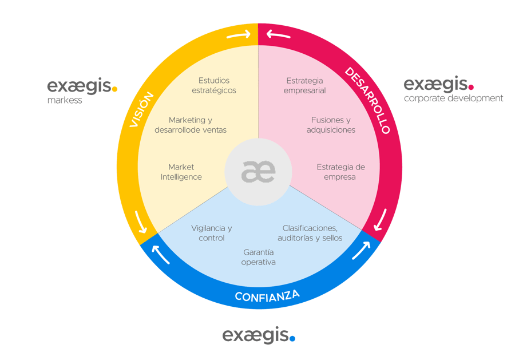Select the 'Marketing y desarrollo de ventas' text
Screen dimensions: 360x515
(x=191, y=125)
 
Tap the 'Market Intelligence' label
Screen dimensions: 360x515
(x=181, y=172)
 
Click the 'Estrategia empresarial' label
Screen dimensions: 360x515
(x=304, y=85)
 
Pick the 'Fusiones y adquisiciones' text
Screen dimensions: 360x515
(x=331, y=125)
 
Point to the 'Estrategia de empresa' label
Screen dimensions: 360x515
(x=340, y=172)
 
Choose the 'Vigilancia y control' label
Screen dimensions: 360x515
(x=211, y=233)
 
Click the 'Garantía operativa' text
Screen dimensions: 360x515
(x=258, y=257)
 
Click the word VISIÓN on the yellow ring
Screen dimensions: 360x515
(x=142, y=110)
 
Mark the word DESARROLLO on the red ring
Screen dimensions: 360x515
(x=367, y=101)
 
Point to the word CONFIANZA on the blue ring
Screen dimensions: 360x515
(x=267, y=296)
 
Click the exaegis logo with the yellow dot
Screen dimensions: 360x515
(x=82, y=87)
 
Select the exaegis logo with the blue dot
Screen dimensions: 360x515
(x=258, y=335)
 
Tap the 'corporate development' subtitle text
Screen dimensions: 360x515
(x=453, y=98)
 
